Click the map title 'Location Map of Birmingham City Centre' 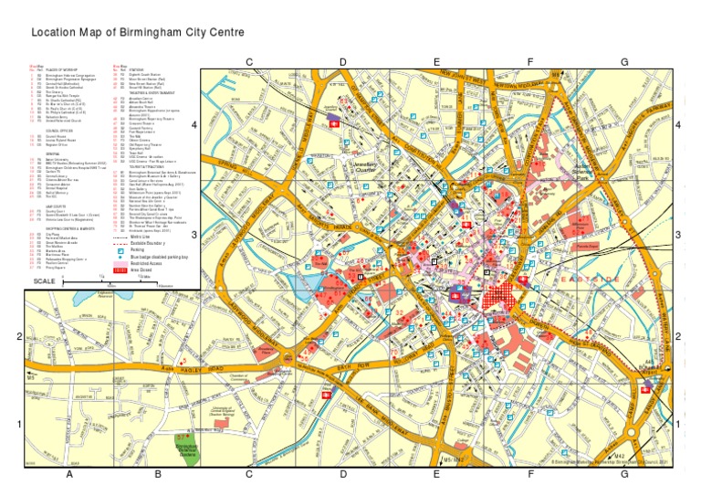tap(138, 33)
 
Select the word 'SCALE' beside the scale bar tap(43, 280)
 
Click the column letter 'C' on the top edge tap(247, 61)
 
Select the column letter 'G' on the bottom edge tap(624, 474)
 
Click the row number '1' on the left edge tap(19, 424)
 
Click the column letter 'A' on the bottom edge tap(68, 474)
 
